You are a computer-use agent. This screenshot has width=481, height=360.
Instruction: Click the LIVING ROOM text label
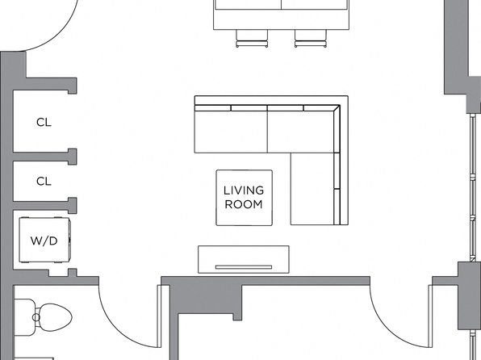point(244,197)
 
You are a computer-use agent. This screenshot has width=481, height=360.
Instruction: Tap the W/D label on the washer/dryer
point(44,241)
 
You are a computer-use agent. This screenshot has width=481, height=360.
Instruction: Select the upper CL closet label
point(44,123)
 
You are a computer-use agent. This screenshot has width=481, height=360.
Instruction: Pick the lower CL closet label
point(44,182)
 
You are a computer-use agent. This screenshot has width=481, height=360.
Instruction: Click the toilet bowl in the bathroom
point(55,317)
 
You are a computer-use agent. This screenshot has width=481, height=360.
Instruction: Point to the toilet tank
point(24,317)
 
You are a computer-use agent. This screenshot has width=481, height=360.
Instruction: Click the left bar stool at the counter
point(252,39)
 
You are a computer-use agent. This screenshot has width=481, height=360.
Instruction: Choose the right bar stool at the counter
point(310,39)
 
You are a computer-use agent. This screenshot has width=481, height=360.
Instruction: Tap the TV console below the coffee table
point(244,259)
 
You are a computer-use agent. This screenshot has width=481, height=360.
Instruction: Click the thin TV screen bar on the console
point(244,267)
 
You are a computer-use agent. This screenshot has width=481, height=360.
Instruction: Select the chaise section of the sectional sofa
point(312,189)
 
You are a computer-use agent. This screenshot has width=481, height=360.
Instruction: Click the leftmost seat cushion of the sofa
point(231,132)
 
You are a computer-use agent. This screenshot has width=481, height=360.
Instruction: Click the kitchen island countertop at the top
point(282,15)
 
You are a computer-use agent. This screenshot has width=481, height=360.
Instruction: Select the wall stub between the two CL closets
point(44,157)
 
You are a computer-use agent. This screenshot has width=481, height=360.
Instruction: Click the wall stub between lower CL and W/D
point(44,205)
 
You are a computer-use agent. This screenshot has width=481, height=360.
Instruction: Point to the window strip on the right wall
point(473,188)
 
